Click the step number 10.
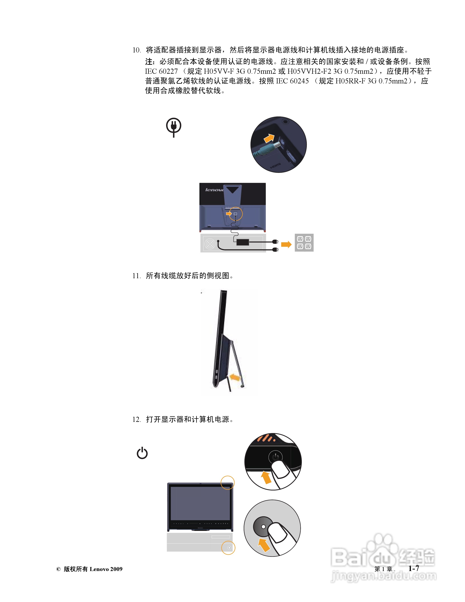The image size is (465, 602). pos(136,50)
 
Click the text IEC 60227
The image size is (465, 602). pos(161,71)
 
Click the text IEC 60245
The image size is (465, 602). pos(292,81)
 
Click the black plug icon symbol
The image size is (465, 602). pos(174,127)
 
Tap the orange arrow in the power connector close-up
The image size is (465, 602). pos(269,138)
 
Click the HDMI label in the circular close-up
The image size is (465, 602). pos(275,165)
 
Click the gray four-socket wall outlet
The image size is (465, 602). pos(304,242)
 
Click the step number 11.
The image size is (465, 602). pos(136,276)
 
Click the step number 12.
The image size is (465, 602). pos(136,420)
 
